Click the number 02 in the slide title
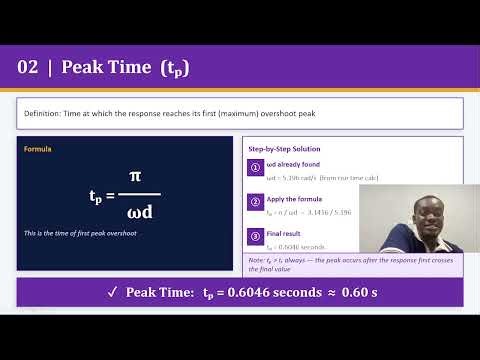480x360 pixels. click(x=28, y=67)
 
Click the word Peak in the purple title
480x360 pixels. click(x=81, y=67)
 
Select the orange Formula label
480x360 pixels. click(x=38, y=149)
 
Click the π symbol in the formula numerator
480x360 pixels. click(x=134, y=176)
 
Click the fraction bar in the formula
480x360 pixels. click(x=134, y=194)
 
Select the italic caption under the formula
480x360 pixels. click(x=79, y=233)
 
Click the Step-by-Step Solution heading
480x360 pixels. click(x=283, y=149)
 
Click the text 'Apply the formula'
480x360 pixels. click(x=291, y=199)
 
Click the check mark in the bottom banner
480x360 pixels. click(x=112, y=292)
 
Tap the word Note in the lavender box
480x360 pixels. click(x=257, y=260)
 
